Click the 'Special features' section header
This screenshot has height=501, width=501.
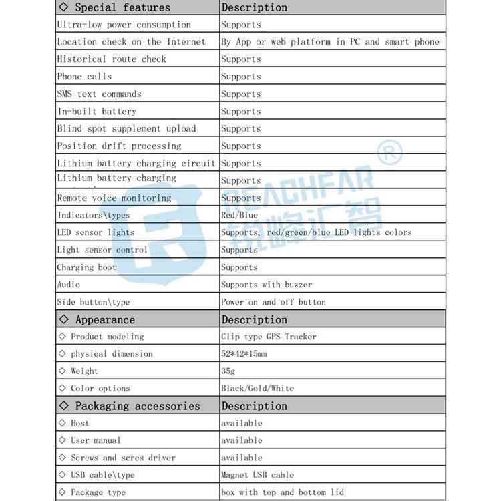pos(122,8)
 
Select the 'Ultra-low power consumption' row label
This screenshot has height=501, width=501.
pos(124,25)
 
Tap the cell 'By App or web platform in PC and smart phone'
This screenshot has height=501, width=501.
pos(330,42)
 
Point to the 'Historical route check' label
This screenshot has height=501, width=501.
pos(112,59)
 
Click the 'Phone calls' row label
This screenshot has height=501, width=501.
pos(84,77)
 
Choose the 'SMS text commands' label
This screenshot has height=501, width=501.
pos(99,94)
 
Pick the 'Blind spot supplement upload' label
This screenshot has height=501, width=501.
pos(126,129)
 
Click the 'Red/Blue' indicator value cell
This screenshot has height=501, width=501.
pos(239,215)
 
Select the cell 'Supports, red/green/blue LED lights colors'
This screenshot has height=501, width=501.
pos(317,232)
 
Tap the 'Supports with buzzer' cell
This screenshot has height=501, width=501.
pos(267,285)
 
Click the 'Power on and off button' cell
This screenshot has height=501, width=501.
pos(273,302)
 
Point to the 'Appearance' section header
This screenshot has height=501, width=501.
pos(105,320)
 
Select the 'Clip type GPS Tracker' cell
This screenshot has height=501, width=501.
pos(269,337)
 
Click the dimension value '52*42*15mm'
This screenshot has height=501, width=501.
pos(244,354)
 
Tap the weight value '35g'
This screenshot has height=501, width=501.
pos(228,371)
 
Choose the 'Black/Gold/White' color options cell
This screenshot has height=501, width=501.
pos(257,389)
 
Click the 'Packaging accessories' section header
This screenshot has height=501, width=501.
pos(137,406)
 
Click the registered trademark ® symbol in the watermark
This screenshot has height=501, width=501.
pos(391,154)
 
